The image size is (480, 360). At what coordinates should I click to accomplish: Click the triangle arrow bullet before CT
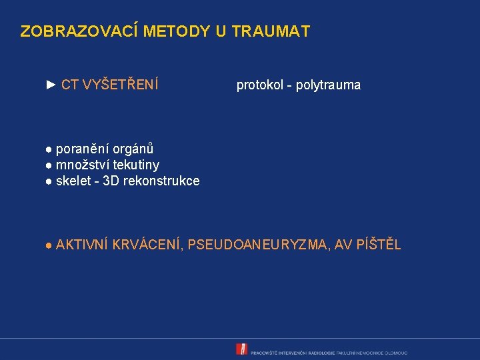click(51, 85)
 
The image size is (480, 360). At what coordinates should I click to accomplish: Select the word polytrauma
click(328, 85)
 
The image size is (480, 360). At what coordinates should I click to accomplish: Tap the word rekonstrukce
click(161, 181)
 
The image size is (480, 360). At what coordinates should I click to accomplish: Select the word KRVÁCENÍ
click(148, 245)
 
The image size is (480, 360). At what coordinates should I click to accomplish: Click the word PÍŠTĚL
click(378, 245)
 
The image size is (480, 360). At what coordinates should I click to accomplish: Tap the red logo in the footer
click(242, 349)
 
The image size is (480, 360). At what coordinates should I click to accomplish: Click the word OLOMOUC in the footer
click(396, 352)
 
